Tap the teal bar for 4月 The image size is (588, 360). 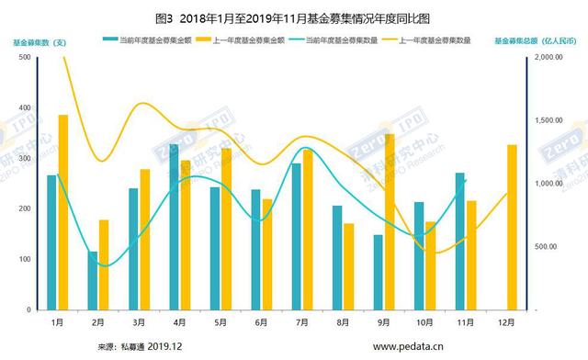point(174,227)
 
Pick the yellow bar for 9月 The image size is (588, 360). point(390,221)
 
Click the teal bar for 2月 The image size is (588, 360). point(93,280)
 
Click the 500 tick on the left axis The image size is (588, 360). point(23,57)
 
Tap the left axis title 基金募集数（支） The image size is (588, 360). point(40,41)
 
